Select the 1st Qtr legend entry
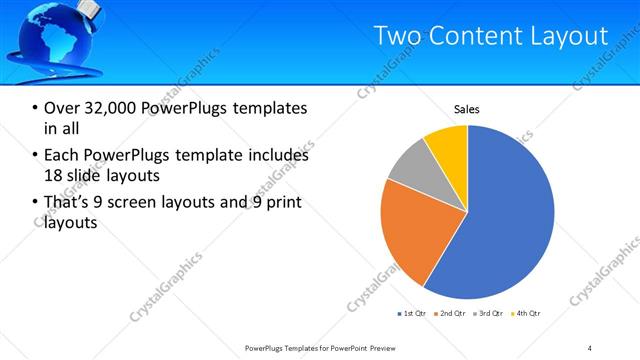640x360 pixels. click(414, 314)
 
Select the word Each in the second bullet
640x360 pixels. click(62, 156)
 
